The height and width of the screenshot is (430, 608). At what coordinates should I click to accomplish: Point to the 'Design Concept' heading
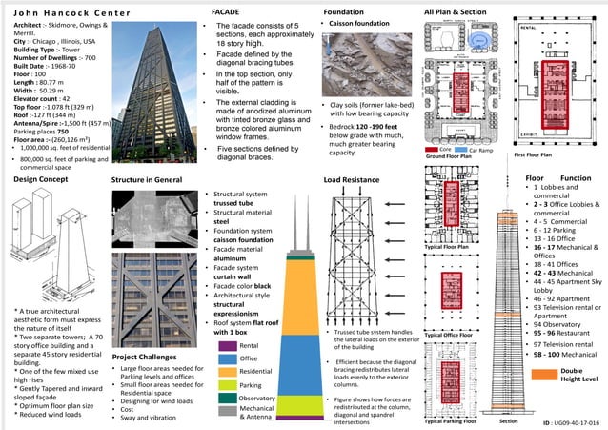[x=39, y=179]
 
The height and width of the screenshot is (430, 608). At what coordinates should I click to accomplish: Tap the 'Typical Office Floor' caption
[x=454, y=336]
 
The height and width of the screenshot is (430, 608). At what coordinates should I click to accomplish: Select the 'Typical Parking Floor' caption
[x=456, y=420]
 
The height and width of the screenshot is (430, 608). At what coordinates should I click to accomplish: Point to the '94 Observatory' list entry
[x=563, y=324]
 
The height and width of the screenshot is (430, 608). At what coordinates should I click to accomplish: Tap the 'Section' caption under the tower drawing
[x=508, y=420]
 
